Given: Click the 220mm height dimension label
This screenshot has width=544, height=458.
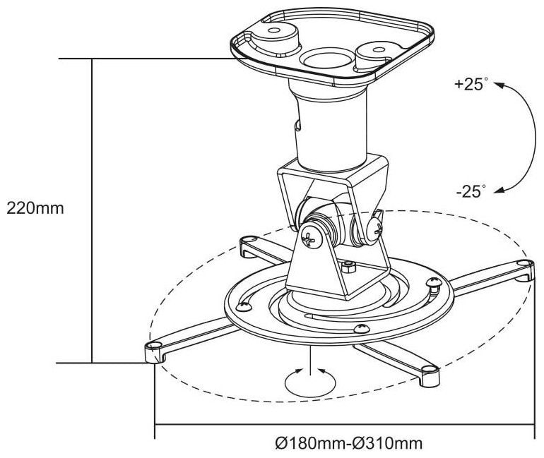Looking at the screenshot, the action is [35, 209].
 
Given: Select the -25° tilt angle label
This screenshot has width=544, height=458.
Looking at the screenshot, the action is [471, 191].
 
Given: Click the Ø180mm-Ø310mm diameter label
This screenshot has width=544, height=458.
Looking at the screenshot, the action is [349, 443].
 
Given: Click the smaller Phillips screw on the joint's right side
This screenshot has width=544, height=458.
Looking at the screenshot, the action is [377, 227].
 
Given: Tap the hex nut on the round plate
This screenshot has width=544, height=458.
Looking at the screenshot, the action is [348, 267].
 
